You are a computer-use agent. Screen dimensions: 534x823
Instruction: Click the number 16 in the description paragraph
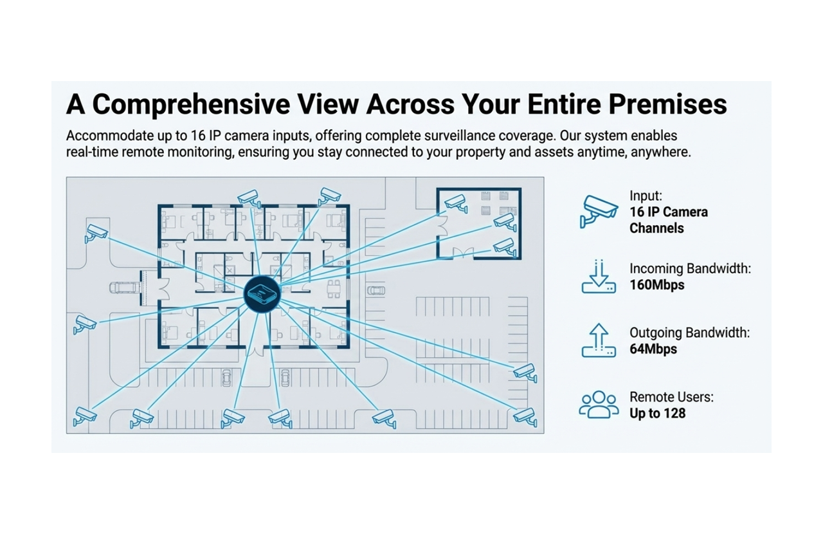click(x=197, y=137)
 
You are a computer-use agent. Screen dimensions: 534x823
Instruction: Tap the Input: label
click(x=646, y=196)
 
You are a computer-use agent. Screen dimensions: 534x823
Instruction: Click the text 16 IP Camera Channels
click(x=668, y=220)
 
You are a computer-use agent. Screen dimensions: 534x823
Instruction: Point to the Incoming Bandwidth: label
click(x=690, y=269)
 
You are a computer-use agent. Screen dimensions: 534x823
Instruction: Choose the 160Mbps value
click(x=656, y=285)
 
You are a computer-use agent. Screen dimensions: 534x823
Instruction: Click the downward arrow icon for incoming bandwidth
click(x=599, y=277)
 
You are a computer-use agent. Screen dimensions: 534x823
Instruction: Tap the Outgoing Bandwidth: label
click(x=689, y=333)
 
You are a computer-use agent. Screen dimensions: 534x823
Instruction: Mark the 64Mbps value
click(x=653, y=349)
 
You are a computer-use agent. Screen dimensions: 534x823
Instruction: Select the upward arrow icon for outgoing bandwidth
click(x=599, y=340)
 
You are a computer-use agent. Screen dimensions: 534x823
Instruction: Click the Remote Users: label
click(x=671, y=397)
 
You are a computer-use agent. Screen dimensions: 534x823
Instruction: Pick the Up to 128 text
click(x=657, y=414)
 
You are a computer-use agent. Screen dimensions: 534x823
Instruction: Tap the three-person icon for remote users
click(x=599, y=405)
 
